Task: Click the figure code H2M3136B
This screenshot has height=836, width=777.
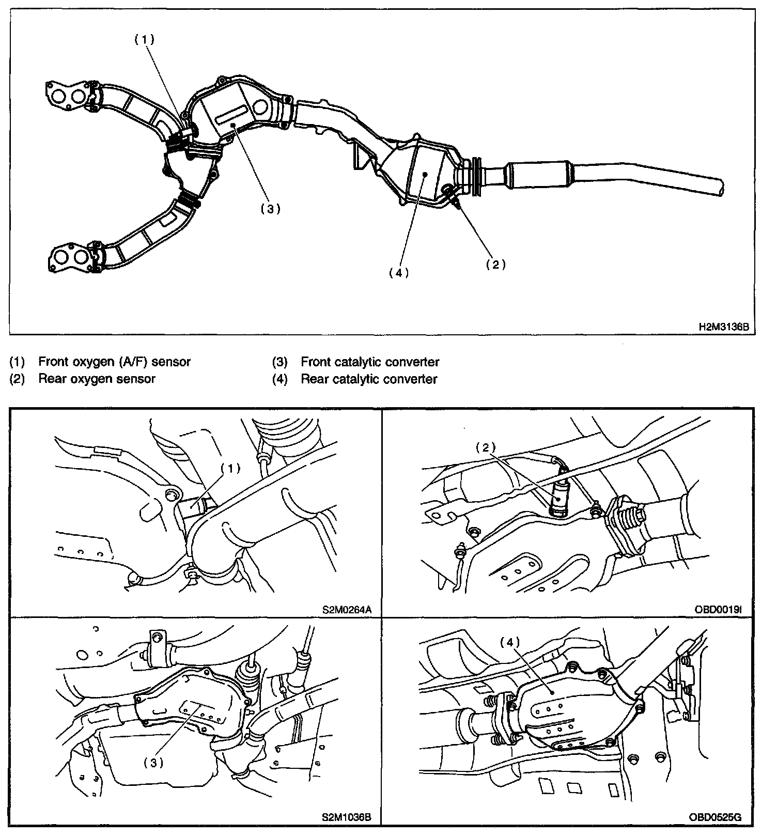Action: [x=723, y=327]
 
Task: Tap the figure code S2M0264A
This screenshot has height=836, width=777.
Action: [x=347, y=609]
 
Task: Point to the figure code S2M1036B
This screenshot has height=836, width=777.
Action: [x=346, y=817]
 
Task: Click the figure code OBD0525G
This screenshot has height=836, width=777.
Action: [x=716, y=817]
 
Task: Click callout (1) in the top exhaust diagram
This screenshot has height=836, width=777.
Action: [x=144, y=40]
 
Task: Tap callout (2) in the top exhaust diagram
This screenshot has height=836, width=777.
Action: [x=495, y=264]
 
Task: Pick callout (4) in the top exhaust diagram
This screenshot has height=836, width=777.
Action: [x=399, y=273]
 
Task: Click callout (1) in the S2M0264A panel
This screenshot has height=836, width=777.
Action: [x=230, y=468]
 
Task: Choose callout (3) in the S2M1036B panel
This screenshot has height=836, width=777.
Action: [x=153, y=762]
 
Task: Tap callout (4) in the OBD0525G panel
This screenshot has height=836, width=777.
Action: [x=509, y=642]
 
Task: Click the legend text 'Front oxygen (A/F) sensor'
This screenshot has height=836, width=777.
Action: [x=114, y=362]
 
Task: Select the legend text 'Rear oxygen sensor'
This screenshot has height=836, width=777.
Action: [x=97, y=379]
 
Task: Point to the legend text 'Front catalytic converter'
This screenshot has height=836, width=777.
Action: [x=370, y=362]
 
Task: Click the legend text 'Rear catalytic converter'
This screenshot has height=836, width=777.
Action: [x=369, y=379]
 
